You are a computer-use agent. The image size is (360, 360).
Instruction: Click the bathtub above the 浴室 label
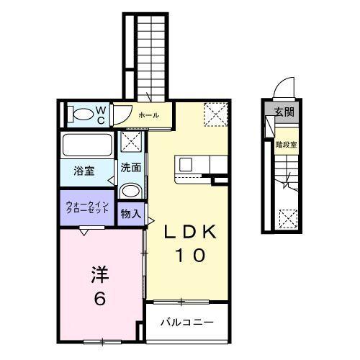click(86, 144)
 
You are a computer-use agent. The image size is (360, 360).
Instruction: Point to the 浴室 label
click(84, 171)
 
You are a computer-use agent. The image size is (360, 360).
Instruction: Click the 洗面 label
click(130, 168)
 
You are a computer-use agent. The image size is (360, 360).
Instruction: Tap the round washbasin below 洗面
click(130, 191)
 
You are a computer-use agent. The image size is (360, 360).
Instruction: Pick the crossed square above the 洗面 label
click(131, 142)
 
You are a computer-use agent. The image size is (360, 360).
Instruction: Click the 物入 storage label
click(130, 214)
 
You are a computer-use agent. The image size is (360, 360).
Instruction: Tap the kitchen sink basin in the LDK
click(186, 165)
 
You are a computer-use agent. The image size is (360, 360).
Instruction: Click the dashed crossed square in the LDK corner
click(214, 113)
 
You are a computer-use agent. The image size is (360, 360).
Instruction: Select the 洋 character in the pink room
click(99, 274)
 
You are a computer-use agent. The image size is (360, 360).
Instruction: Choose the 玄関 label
click(284, 112)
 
